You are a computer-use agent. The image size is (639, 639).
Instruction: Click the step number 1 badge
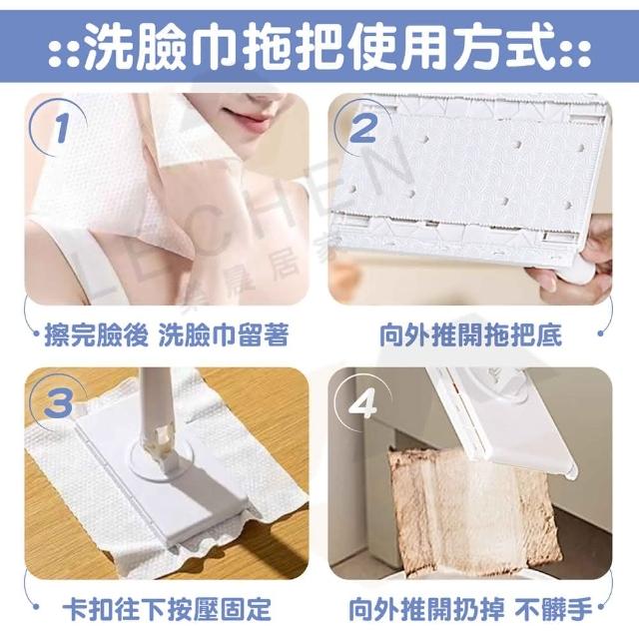tap(61, 128)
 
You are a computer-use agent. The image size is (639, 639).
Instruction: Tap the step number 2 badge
tap(362, 128)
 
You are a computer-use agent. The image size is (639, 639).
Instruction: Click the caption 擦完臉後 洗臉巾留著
tap(167, 335)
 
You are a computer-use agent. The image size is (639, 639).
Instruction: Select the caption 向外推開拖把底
tap(470, 335)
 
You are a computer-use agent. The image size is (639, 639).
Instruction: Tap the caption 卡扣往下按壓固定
tap(167, 609)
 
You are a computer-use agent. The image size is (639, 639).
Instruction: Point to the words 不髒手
tap(553, 609)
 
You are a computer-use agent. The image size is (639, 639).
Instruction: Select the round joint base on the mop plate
tap(162, 460)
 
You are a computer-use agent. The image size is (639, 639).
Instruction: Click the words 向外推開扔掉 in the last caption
tap(426, 609)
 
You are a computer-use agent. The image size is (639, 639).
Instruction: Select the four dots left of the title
tap(64, 52)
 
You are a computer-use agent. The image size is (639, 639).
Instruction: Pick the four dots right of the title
tap(575, 52)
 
